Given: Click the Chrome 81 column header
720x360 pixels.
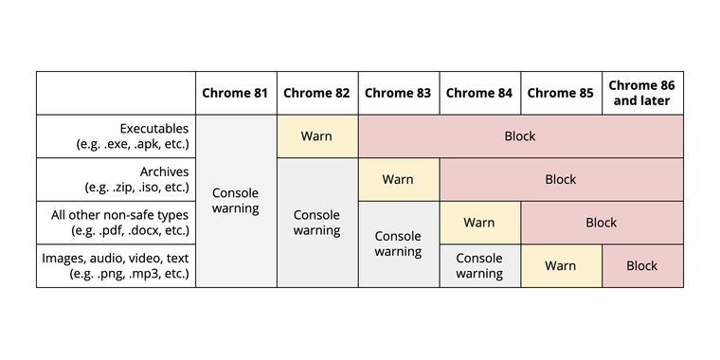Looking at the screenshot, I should tap(235, 93).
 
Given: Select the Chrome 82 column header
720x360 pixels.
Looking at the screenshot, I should tap(316, 93).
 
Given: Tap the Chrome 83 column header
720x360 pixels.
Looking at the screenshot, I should tap(398, 93).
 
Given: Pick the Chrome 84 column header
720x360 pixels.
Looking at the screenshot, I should tap(479, 93).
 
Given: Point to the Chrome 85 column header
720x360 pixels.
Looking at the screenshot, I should tap(560, 93).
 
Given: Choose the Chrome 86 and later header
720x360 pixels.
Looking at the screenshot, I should tap(642, 93).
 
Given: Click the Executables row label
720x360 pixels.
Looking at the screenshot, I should tap(133, 136).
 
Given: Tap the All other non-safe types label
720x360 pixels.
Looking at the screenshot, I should tap(120, 223).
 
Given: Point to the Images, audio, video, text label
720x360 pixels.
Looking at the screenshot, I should tap(116, 265).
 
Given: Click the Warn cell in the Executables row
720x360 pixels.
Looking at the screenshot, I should tap(316, 136).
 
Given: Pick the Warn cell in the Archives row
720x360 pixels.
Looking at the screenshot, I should tap(398, 179).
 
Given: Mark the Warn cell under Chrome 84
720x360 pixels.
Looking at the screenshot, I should tap(479, 223).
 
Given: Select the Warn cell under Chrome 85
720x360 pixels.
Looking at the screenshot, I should tap(560, 265).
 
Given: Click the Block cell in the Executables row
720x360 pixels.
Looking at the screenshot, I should tap(520, 136).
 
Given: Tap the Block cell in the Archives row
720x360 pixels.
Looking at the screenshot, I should tap(561, 179).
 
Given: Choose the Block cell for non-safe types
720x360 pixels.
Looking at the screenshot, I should tap(602, 223).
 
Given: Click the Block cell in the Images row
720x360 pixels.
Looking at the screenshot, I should tap(642, 265).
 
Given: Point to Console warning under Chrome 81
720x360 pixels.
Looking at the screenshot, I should tap(235, 201).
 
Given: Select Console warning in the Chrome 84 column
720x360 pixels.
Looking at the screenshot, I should tap(479, 265).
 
